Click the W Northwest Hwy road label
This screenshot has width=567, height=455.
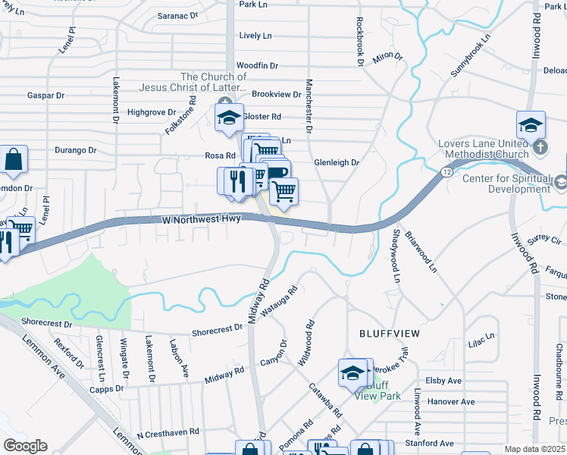click(202, 218)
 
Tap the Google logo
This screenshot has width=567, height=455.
click(24, 446)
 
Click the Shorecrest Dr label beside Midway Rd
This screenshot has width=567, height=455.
click(217, 331)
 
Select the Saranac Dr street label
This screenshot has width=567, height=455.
click(177, 15)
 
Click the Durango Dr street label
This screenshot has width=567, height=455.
click(75, 150)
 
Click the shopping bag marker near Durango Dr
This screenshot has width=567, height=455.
click(14, 160)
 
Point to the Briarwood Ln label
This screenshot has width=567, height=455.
click(421, 252)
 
